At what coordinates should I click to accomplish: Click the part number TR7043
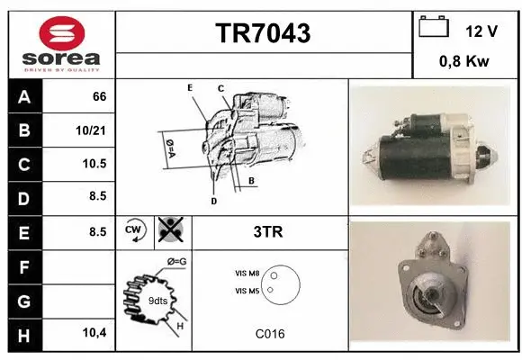pyautogui.click(x=263, y=34)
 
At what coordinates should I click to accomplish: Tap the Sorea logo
pyautogui.click(x=62, y=45)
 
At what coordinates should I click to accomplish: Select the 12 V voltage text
pyautogui.click(x=481, y=31)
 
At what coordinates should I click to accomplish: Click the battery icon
pyautogui.click(x=434, y=28)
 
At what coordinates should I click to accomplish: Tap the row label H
pyautogui.click(x=23, y=334)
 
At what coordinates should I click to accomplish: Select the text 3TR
pyautogui.click(x=269, y=231)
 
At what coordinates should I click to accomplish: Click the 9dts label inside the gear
pyautogui.click(x=157, y=301)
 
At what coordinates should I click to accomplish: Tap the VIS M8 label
pyautogui.click(x=247, y=272)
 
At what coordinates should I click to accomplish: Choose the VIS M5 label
pyautogui.click(x=247, y=291)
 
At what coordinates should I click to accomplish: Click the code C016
pyautogui.click(x=269, y=334)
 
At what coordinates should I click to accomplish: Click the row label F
pyautogui.click(x=23, y=267)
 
